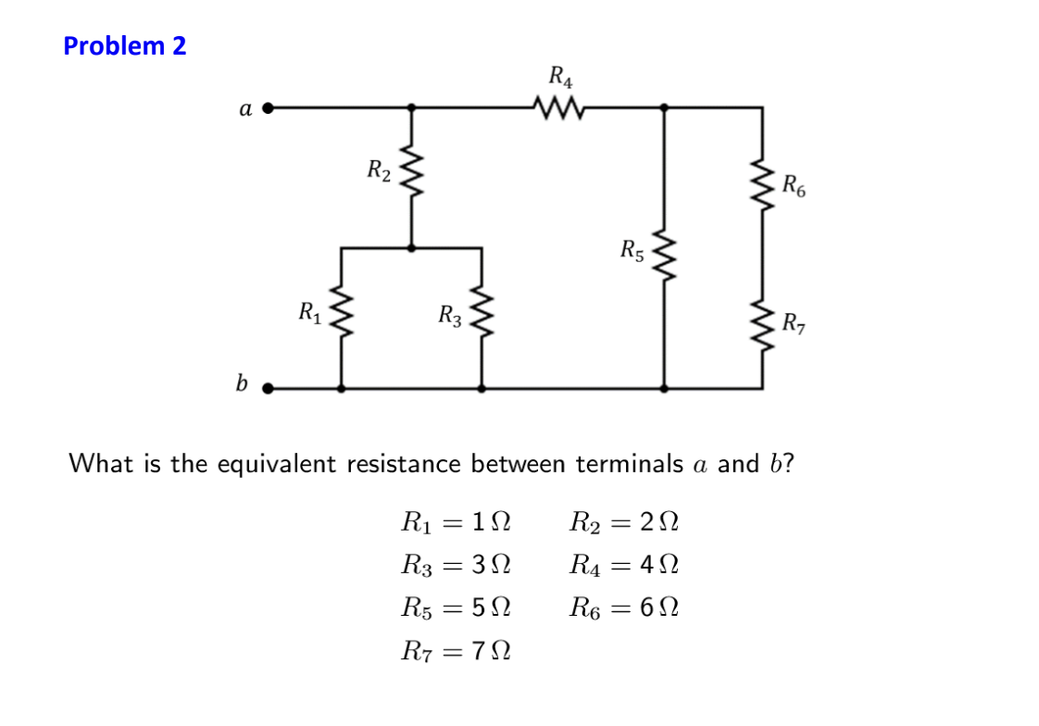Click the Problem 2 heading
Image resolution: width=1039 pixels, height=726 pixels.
tap(125, 45)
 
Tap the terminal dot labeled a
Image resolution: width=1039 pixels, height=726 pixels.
tap(269, 108)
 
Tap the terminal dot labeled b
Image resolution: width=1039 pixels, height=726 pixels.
tap(269, 389)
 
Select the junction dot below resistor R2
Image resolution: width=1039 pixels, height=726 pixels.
tap(411, 247)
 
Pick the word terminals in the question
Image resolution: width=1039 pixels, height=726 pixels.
tap(630, 463)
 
